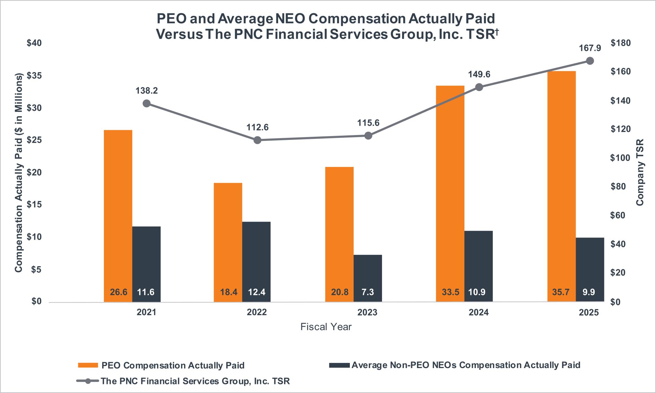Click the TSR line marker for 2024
(x=479, y=87)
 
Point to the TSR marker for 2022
(x=257, y=140)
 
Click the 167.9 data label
(x=590, y=48)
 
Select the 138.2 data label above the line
(x=147, y=91)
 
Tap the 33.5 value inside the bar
(x=450, y=292)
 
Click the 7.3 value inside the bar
(x=367, y=292)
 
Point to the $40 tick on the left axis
(x=34, y=43)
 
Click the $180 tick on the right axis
(x=621, y=43)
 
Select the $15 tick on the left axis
(x=34, y=205)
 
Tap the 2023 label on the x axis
(x=367, y=312)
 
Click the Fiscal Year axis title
(x=326, y=327)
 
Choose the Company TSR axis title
(x=640, y=172)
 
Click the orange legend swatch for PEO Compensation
(x=88, y=365)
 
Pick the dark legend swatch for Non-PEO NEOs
(x=339, y=365)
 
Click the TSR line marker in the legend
(x=88, y=381)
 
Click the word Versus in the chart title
(x=179, y=34)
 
